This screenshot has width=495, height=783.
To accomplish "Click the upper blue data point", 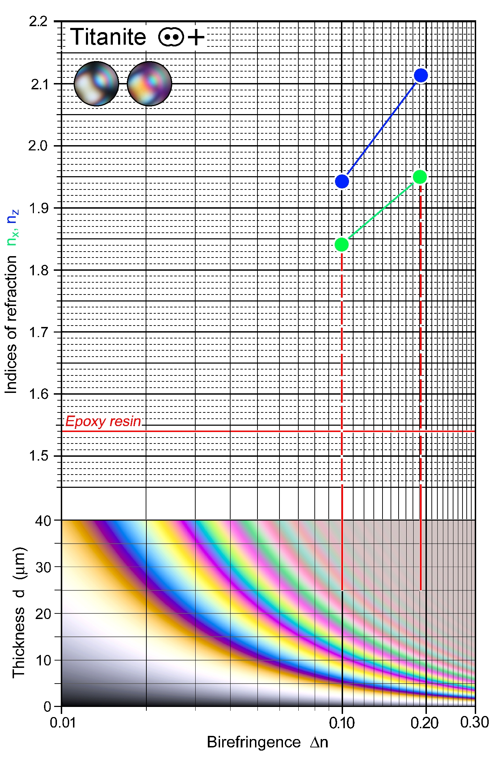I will [421, 75].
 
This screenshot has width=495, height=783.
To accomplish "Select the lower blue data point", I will [342, 181].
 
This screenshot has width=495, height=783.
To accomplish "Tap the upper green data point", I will [420, 177].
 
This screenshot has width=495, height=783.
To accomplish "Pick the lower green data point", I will [342, 244].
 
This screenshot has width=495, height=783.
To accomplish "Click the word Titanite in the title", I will [108, 37].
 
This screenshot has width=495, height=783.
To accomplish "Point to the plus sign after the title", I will [196, 37].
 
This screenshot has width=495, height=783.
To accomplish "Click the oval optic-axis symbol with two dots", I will [171, 37].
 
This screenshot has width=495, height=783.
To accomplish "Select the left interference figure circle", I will [96, 84].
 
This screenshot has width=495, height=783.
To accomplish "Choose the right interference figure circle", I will [150, 84].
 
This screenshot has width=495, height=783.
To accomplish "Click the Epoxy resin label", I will [103, 422].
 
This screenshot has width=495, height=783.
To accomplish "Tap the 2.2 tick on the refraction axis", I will [38, 22].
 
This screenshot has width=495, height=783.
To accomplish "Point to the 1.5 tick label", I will [38, 456].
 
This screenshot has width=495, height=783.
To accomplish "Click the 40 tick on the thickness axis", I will [43, 521].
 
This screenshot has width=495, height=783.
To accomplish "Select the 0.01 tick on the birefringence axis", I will [63, 723].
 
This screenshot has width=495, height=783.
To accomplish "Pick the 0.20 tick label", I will [424, 723].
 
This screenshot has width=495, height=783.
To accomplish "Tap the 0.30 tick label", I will [474, 722].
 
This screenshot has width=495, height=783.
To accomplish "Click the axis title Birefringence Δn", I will [267, 742].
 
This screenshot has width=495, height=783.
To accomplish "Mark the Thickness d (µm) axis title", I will [19, 612].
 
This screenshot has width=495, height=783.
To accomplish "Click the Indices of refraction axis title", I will [11, 325].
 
